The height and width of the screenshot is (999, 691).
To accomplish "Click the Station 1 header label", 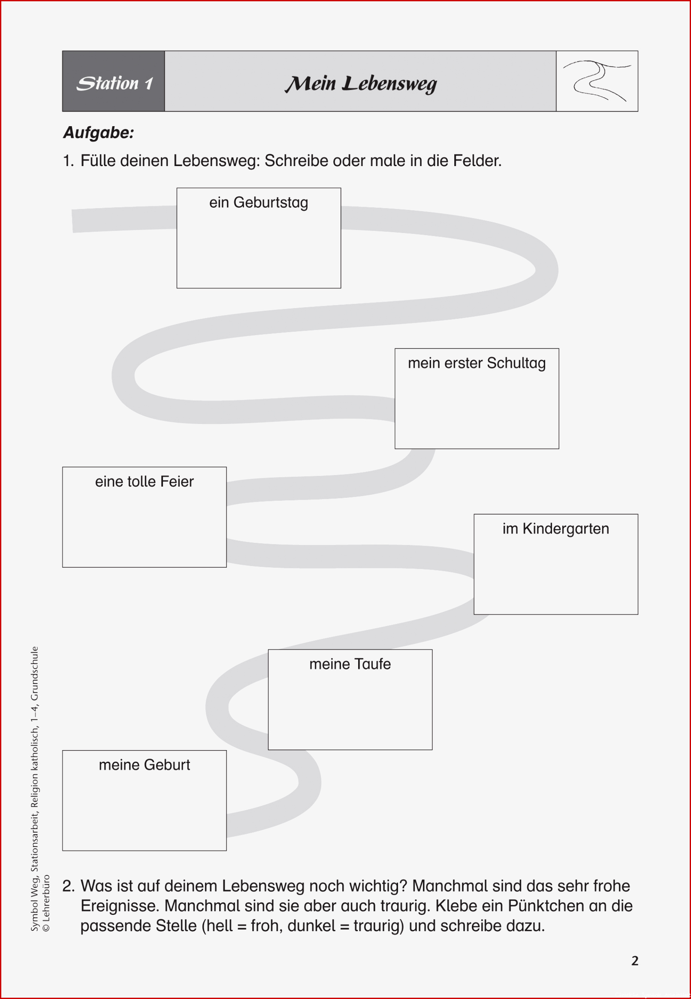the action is tap(115, 83).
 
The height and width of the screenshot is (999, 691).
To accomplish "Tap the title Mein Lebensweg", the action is tap(361, 84).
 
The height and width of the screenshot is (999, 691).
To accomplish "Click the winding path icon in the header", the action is tap(597, 81).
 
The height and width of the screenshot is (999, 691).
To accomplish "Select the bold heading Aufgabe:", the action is tap(99, 133).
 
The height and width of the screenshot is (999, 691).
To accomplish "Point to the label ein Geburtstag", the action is tap(259, 203).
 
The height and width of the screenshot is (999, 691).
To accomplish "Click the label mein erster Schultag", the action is tap(477, 363).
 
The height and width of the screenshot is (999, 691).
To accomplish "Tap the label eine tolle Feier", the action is tap(144, 481).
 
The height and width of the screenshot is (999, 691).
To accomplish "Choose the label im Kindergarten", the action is tap(555, 529).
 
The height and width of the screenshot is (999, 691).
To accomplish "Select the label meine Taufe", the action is tap(350, 664).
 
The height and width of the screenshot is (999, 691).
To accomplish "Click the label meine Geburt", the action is tap(144, 765).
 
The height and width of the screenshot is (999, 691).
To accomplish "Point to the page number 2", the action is tap(635, 960).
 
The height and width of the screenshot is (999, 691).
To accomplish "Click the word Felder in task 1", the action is tap(477, 160).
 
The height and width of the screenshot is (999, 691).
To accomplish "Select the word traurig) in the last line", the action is tap(379, 925).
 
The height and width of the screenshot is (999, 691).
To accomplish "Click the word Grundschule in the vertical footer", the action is tap(34, 673).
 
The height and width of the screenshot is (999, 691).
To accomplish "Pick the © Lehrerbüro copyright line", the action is tap(46, 903).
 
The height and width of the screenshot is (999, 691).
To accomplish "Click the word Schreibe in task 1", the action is tap(296, 160).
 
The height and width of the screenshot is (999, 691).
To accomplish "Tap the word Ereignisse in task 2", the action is tap(120, 905).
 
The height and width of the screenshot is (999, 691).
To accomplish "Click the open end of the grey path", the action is tap(73, 221).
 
